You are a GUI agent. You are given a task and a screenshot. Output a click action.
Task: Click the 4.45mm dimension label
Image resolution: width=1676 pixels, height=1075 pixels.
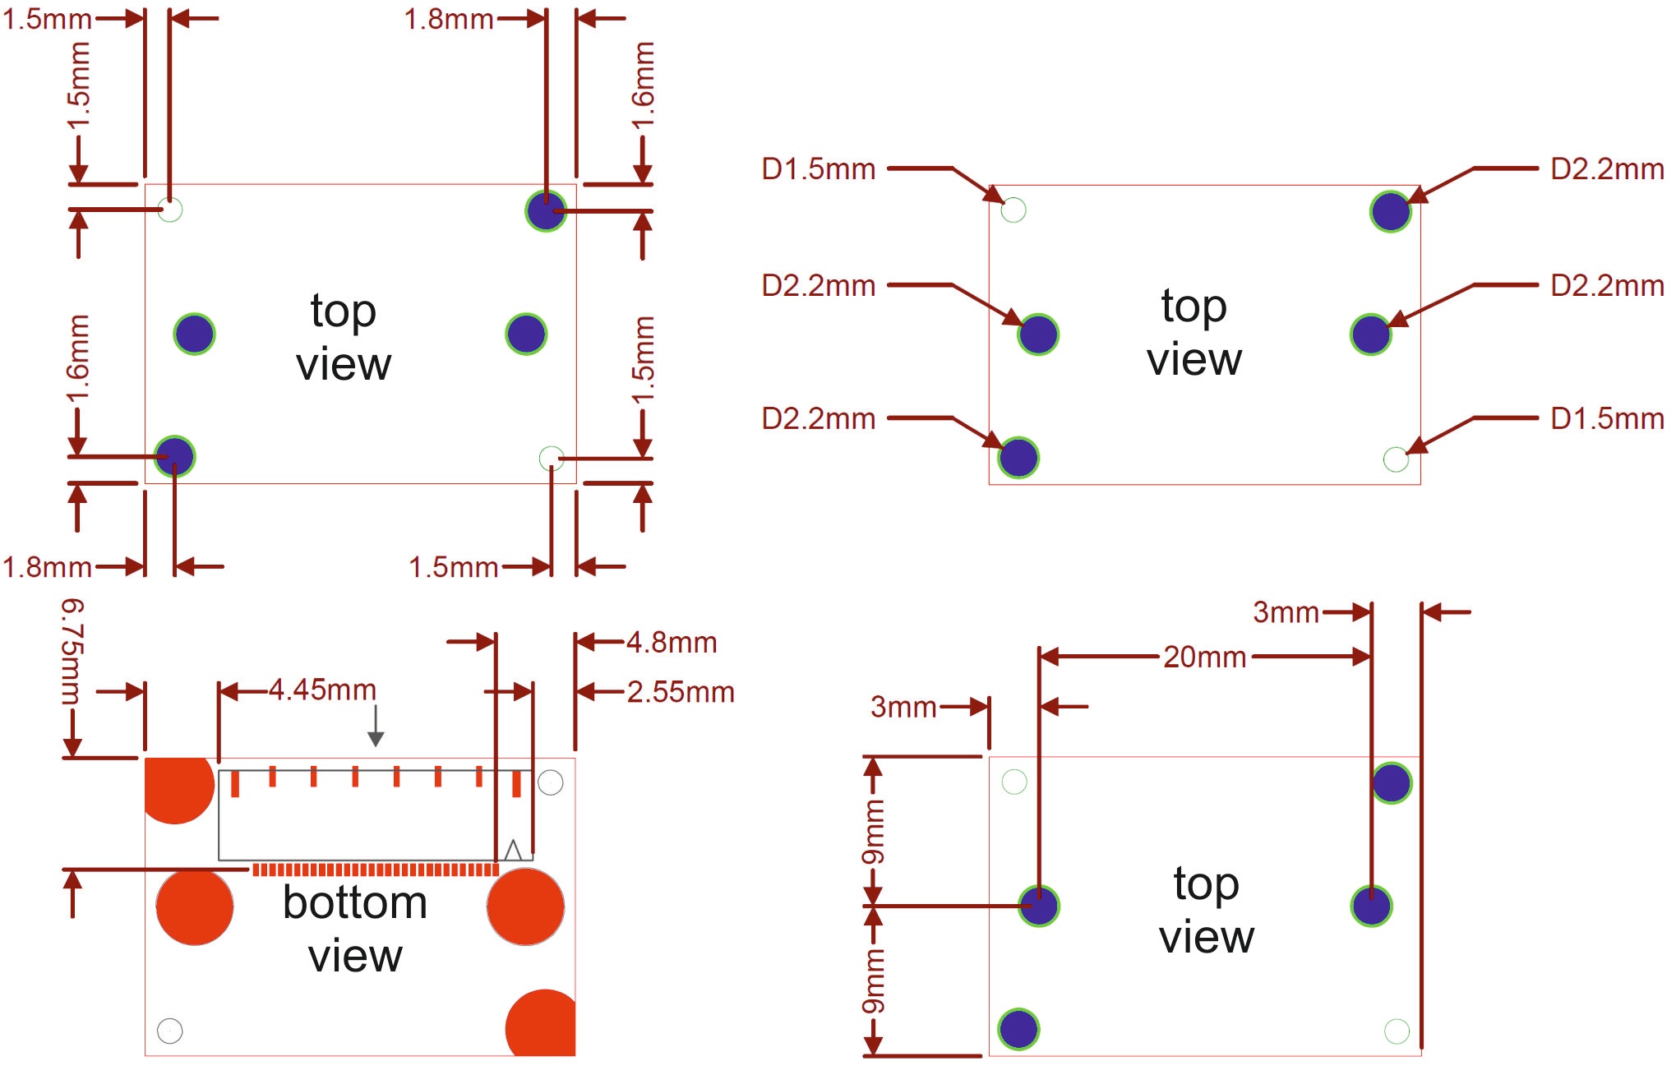[x=322, y=690]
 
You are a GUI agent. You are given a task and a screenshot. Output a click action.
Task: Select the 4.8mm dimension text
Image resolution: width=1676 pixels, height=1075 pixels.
[x=672, y=642]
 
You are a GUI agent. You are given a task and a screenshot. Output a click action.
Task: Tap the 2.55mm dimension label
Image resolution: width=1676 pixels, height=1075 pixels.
[x=681, y=692]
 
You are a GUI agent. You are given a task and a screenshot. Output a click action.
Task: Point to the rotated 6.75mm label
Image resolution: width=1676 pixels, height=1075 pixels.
[x=72, y=651]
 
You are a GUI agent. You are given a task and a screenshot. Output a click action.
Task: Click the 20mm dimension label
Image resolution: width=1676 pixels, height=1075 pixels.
[x=1205, y=657]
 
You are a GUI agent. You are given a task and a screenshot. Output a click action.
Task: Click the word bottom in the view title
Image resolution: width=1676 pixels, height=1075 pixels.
[x=355, y=902]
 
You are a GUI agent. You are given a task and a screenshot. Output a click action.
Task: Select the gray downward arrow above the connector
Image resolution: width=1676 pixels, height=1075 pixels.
[x=376, y=725]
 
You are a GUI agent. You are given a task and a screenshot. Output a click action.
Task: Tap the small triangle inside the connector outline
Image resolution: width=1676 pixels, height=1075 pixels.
[x=513, y=850]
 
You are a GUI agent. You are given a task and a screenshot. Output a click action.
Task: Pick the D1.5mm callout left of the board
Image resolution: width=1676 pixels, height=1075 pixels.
[x=818, y=168]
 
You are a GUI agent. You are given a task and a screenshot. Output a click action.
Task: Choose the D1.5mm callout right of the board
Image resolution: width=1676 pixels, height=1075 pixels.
[x=1607, y=418]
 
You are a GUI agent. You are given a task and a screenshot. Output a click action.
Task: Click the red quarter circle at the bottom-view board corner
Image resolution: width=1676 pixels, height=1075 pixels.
[x=541, y=1022]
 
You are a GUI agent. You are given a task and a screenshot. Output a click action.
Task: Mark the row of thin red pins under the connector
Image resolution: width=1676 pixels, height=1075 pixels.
[x=375, y=870]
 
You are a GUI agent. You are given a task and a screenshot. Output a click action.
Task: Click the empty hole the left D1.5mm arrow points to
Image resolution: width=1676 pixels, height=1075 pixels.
[x=1013, y=210]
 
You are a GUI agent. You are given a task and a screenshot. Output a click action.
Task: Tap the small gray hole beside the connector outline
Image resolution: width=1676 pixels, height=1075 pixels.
[x=551, y=782]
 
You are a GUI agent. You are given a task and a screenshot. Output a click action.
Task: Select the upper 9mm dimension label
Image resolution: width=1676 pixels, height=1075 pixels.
[x=873, y=832]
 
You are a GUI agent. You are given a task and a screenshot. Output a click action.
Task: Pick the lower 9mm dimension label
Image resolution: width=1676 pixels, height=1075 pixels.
[x=873, y=981]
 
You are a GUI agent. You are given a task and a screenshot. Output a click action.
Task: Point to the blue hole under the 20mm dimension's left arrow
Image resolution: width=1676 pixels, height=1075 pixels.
[x=1039, y=906]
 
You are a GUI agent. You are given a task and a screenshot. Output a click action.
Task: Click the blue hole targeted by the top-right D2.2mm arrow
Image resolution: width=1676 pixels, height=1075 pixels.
[x=1391, y=211]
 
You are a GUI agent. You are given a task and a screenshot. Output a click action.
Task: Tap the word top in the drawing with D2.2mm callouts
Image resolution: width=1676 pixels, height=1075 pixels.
[x=1194, y=306]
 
